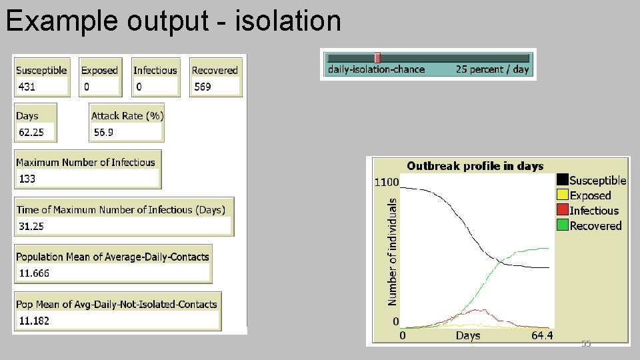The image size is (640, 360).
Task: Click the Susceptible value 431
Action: point(27,87)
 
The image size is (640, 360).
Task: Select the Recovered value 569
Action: point(203,87)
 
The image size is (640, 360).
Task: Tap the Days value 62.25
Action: point(31,132)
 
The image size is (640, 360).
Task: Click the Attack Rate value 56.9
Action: point(103,132)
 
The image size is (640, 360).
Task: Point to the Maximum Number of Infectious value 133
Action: point(28,179)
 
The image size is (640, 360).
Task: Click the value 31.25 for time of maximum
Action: point(31,226)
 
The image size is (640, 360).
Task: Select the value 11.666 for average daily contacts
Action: point(34,273)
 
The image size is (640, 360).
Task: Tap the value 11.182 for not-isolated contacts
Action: point(34,321)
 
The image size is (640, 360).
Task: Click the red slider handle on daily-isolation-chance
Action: point(377,58)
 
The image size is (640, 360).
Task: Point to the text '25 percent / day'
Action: point(492,69)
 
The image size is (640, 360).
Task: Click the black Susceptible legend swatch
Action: point(562,180)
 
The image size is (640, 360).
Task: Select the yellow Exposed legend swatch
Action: point(562,195)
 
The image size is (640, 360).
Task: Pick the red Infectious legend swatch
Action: point(562,211)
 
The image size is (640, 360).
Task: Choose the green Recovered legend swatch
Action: point(562,225)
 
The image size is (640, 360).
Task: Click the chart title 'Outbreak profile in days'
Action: point(475,166)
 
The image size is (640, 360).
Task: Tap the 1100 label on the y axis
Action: point(387,181)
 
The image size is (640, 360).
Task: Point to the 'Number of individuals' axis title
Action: point(393,250)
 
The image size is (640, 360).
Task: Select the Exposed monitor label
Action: point(99,70)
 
